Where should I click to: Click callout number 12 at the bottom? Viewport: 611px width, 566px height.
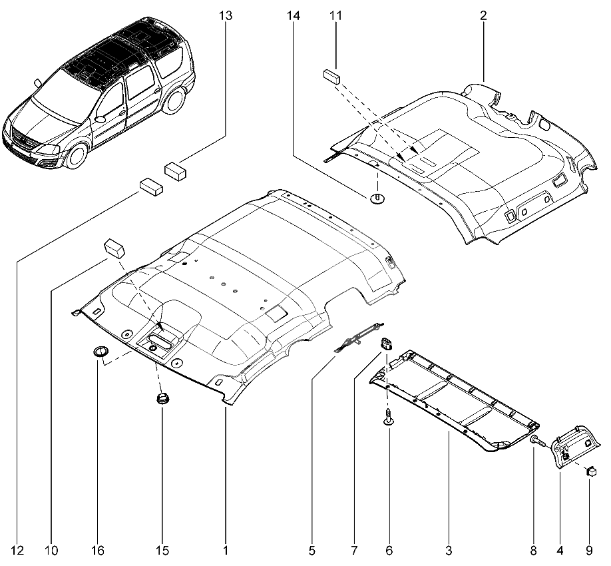point(17,551)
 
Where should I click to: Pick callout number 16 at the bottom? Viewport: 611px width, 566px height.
point(98,551)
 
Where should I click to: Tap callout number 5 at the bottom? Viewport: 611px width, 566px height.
point(311,551)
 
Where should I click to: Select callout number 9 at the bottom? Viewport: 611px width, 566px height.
point(589,551)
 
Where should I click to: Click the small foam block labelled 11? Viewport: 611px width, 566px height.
point(332,75)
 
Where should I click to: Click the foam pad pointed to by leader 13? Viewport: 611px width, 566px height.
point(176,170)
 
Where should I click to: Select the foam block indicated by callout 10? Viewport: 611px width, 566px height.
point(114,248)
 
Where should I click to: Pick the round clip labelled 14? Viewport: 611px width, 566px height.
point(377,199)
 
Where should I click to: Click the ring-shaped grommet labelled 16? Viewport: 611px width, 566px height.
point(99,352)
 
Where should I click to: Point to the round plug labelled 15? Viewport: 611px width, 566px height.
point(162,399)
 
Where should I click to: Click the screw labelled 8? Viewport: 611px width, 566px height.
point(537,440)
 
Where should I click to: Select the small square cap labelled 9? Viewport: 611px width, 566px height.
point(590,472)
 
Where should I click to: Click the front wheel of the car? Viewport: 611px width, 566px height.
point(76,155)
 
